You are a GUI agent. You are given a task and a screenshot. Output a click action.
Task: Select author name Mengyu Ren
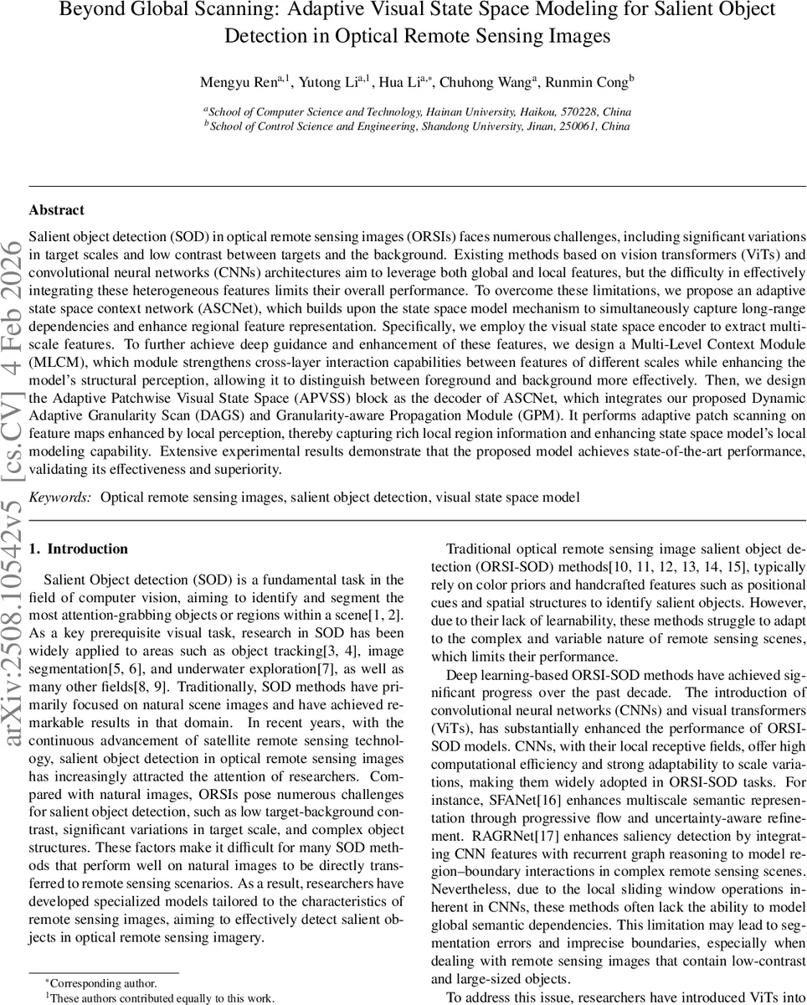pos(237,82)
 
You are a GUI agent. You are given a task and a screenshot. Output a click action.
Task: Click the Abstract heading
pos(56,210)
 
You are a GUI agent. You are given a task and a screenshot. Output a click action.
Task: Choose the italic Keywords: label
pos(60,497)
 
